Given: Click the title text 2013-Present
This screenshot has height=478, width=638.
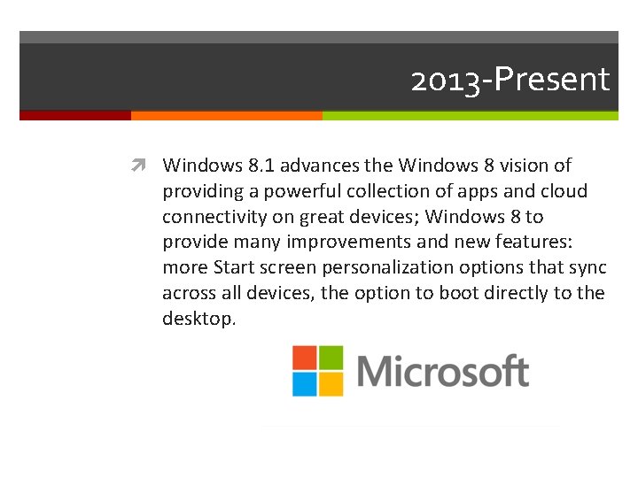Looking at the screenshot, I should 510,81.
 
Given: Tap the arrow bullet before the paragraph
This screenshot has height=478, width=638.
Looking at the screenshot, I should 142,166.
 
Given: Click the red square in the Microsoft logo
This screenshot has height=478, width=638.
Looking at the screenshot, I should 304,357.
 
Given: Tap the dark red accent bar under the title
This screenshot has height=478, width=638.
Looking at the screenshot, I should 75,115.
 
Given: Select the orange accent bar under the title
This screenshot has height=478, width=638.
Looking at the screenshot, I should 226,115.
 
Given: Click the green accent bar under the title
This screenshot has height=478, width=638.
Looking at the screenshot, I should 470,115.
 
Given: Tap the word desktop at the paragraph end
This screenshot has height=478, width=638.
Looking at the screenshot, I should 197,320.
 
